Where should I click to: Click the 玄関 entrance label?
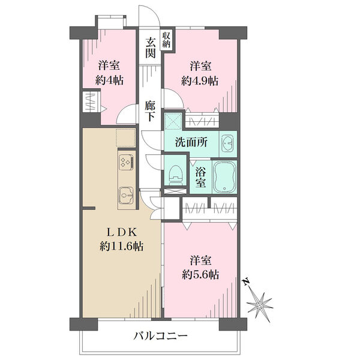[151, 48]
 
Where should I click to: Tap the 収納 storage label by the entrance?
[166, 40]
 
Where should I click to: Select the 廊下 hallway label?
[150, 111]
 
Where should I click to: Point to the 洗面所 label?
[191, 143]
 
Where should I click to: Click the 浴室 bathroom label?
[200, 177]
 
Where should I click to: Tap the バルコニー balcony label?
[161, 337]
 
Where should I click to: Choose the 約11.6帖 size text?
[121, 247]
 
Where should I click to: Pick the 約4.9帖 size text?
[200, 80]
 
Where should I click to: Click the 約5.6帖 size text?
[200, 274]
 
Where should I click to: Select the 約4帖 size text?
[109, 80]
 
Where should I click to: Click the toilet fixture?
[176, 175]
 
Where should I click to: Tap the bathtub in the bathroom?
[225, 176]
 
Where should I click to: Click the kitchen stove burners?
[126, 161]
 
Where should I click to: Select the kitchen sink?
[126, 196]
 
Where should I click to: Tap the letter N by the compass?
[247, 282]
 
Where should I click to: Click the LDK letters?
[121, 233]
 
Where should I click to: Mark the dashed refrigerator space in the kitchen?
[125, 137]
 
